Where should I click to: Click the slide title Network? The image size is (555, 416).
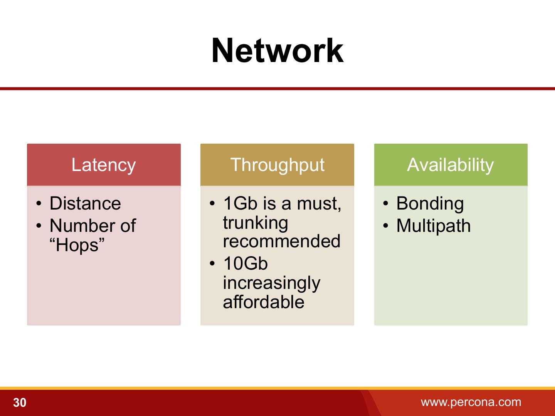pos(277,51)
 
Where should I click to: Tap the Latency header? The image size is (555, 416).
pos(104,165)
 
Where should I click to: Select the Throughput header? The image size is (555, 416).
pos(277,165)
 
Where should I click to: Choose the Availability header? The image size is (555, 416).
pos(450,165)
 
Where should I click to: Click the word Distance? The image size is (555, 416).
pos(85,203)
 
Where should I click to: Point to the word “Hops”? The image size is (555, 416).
pos(77,245)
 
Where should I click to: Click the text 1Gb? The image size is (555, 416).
pos(240,203)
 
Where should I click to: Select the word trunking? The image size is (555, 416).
pos(255,223)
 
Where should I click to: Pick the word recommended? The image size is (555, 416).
pos(281,242)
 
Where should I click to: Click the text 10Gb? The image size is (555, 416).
pos(245,264)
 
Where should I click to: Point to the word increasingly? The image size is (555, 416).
pos(271,283)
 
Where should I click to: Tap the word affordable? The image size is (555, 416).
pos(264,302)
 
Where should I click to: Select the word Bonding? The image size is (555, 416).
pos(430,203)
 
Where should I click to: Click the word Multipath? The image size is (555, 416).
pos(433,226)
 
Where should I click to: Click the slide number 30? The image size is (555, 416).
pos(20,403)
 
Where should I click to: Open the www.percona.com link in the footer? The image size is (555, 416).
pos(471,402)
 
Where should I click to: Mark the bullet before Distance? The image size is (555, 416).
pos(39,204)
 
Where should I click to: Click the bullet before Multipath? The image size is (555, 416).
pos(386,226)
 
